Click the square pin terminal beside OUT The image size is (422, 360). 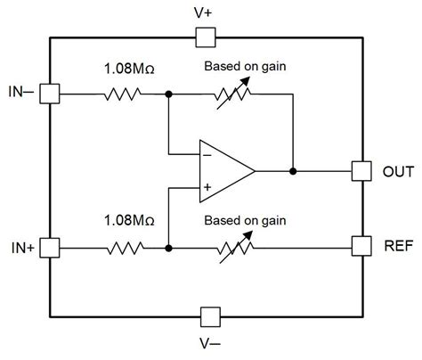tap(361, 169)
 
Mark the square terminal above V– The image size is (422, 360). tap(209, 316)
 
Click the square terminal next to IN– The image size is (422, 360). tap(50, 93)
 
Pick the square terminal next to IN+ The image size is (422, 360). tap(50, 245)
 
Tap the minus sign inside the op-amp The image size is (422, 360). tap(207, 151)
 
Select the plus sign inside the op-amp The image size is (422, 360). tap(207, 187)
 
